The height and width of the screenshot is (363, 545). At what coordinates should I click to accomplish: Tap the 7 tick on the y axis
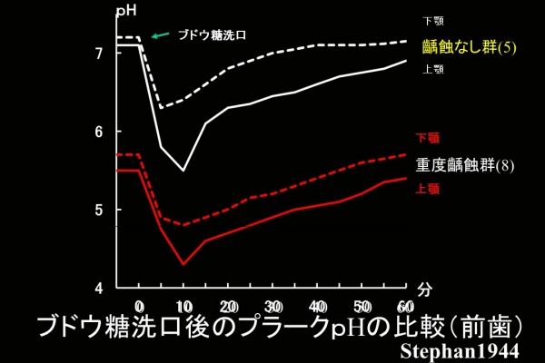tap(99, 53)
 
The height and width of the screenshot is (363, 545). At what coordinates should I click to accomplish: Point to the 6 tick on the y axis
tap(99, 132)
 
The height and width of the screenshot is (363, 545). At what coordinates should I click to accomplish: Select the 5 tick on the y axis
tap(99, 210)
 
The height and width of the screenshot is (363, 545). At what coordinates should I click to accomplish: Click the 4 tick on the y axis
tap(99, 289)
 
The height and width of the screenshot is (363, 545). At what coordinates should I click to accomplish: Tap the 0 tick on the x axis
tap(139, 305)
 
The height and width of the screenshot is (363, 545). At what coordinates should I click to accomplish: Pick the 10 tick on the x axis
tap(183, 305)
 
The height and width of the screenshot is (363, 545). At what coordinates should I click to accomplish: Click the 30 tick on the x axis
tap(272, 305)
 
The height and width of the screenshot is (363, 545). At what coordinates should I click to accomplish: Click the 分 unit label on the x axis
tap(426, 289)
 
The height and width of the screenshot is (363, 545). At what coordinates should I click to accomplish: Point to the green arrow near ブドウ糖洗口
tap(160, 36)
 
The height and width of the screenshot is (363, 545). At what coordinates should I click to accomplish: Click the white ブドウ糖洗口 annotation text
tap(212, 35)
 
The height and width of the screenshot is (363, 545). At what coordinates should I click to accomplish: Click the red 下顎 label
tap(428, 139)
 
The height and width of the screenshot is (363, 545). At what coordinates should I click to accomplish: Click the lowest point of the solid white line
tap(183, 171)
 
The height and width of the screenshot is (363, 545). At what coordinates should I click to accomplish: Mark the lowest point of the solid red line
tap(183, 264)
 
